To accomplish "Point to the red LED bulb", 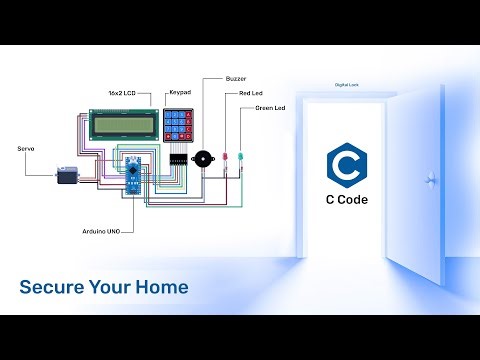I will [x=227, y=158].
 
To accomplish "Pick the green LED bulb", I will [x=240, y=158].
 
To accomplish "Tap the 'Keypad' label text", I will [x=179, y=92].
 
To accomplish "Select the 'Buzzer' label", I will [x=237, y=77].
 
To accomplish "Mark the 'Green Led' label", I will [x=271, y=107].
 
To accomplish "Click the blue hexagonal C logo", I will [x=347, y=164].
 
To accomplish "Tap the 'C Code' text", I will [x=347, y=200].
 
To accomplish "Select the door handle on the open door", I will [x=431, y=181].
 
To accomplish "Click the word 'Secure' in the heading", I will [x=51, y=288].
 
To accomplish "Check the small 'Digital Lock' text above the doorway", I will [x=347, y=85].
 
